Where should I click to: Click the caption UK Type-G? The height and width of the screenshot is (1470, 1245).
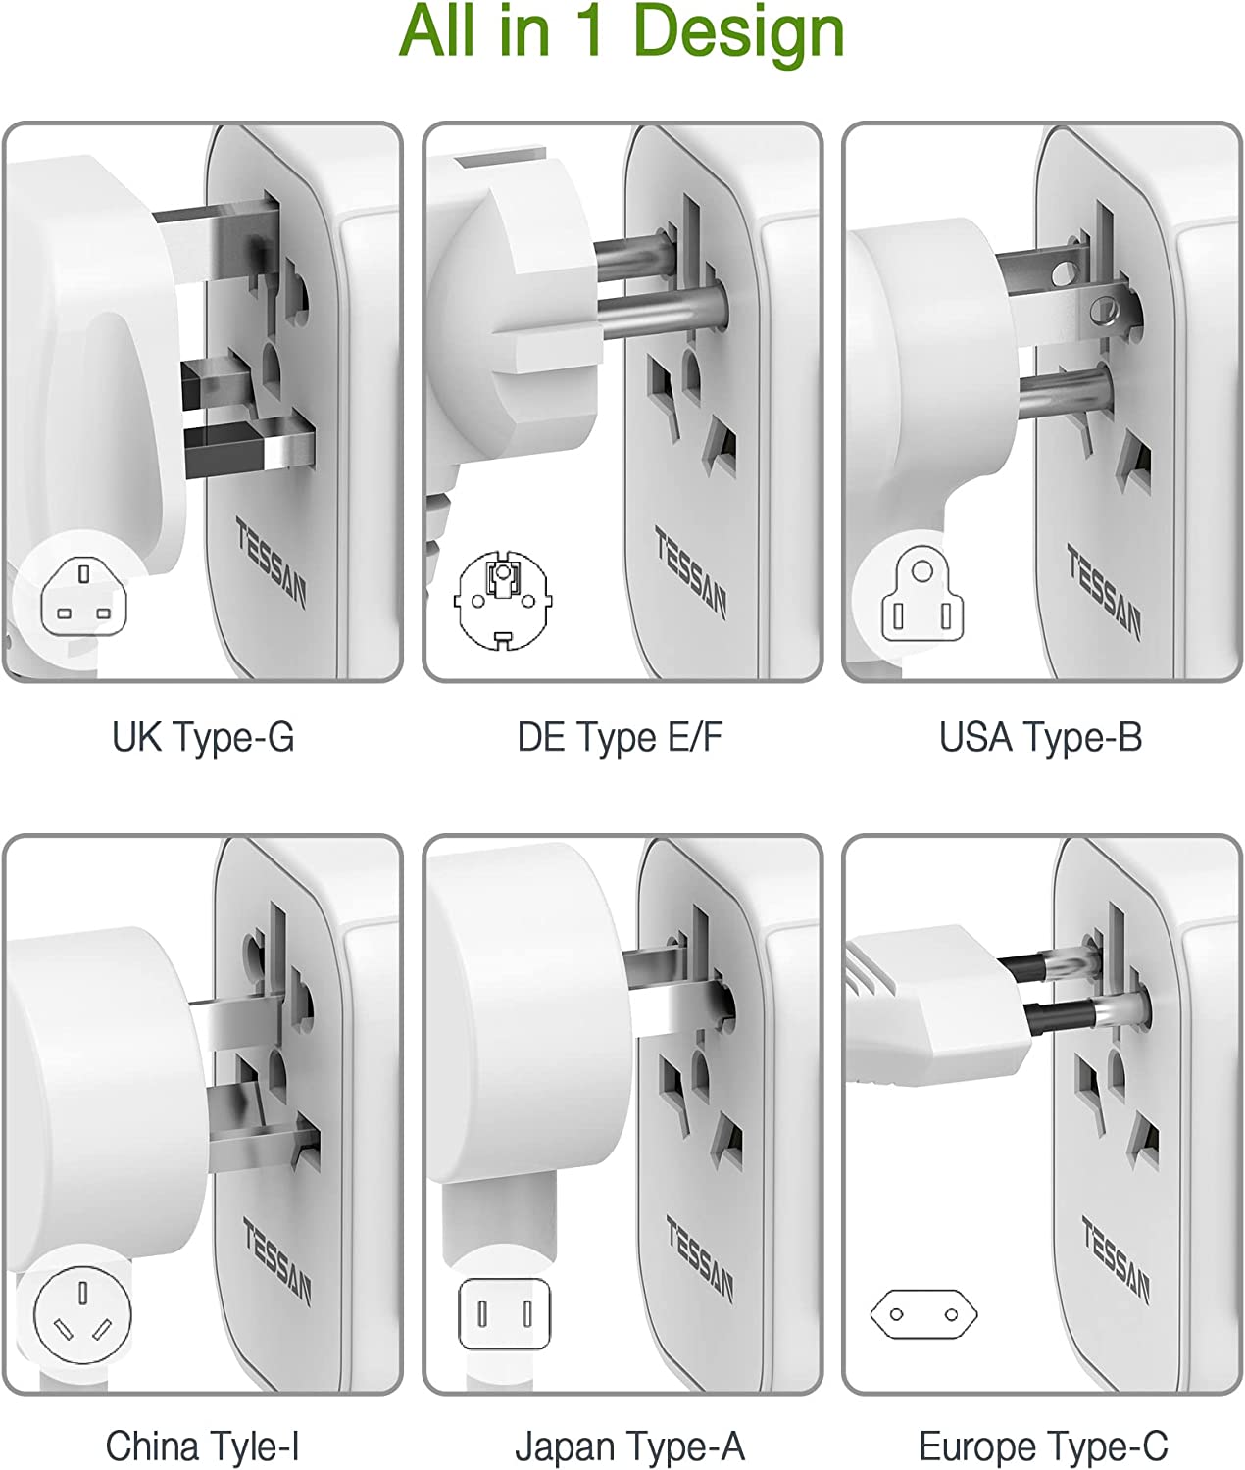203,738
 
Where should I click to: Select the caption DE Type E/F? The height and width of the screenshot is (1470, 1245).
620,738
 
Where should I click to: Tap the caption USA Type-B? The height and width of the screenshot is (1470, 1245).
1041,738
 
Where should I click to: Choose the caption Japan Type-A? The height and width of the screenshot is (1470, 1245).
629,1446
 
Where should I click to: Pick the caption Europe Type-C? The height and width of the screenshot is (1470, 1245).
1044,1446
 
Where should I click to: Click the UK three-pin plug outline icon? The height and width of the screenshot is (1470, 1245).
84,597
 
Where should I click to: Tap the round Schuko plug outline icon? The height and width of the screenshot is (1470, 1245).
503,600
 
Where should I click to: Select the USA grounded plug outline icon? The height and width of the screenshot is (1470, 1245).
922,593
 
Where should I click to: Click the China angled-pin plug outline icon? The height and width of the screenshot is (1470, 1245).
82,1315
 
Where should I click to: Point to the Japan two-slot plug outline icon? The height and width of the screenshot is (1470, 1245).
505,1314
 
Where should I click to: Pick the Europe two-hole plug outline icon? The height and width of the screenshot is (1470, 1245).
923,1314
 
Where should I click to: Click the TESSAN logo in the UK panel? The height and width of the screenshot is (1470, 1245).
271,562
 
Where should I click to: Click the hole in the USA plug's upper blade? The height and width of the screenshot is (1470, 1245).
1065,273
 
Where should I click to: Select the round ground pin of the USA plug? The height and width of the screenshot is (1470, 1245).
1065,393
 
